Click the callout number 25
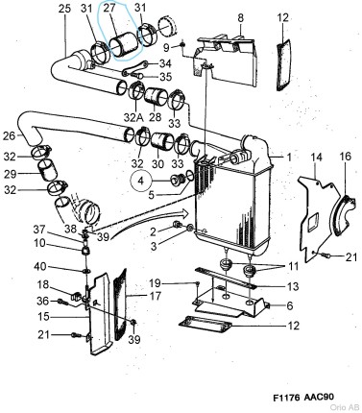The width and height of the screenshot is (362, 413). click(64, 10)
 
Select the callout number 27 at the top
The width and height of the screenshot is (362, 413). click(109, 10)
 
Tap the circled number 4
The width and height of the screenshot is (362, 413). click(141, 179)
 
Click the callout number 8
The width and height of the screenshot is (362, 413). click(241, 17)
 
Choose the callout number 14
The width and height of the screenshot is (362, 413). click(316, 156)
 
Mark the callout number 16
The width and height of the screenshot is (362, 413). click(345, 156)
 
